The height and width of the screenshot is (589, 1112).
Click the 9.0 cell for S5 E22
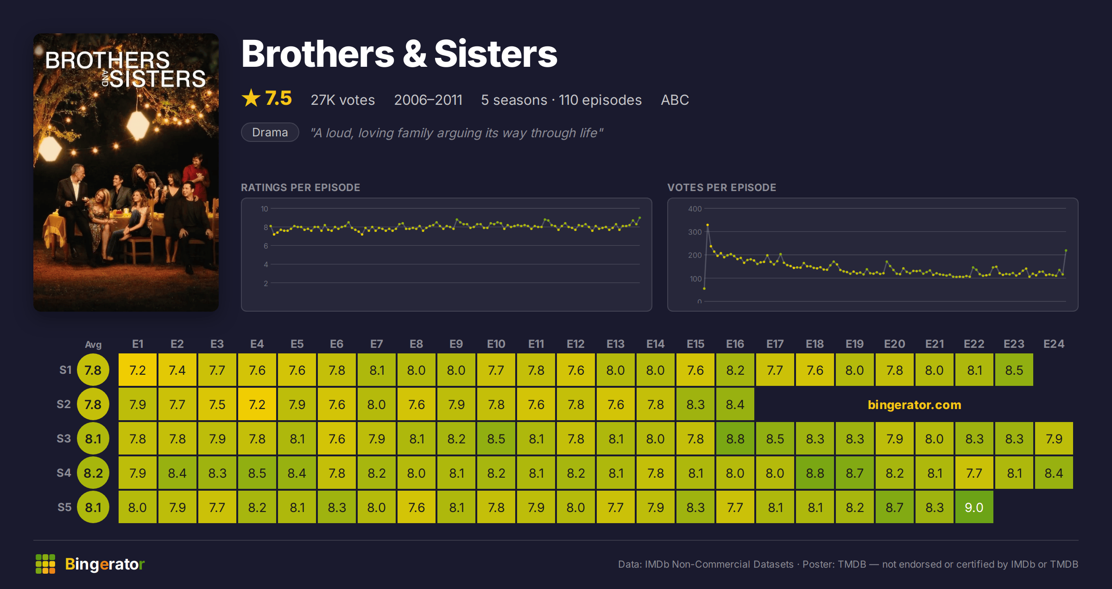(x=973, y=507)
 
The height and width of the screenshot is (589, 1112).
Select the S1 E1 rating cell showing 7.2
(x=138, y=370)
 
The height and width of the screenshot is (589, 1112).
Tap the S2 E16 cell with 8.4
(x=735, y=404)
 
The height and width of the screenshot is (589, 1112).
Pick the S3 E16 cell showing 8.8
(x=735, y=438)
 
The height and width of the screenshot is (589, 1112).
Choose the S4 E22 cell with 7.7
(x=973, y=473)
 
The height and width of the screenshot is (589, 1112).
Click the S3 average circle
(x=93, y=438)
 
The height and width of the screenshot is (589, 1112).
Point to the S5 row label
(x=64, y=507)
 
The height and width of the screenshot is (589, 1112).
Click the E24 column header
(x=1054, y=344)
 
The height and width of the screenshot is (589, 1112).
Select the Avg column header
(x=93, y=345)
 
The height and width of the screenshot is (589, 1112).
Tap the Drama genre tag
(x=270, y=132)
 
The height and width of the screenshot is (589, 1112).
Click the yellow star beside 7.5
(x=251, y=98)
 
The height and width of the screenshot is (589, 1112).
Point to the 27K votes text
(x=343, y=100)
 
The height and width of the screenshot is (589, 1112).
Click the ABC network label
(x=675, y=100)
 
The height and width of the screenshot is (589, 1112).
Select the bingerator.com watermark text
(x=915, y=405)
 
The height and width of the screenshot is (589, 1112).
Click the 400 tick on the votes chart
(x=695, y=209)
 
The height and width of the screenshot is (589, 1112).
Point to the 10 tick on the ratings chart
(x=264, y=209)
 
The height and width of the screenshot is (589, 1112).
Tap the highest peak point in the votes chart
(x=708, y=225)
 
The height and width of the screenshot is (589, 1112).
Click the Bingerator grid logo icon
(x=45, y=564)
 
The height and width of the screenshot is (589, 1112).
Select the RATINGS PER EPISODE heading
(x=300, y=187)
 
